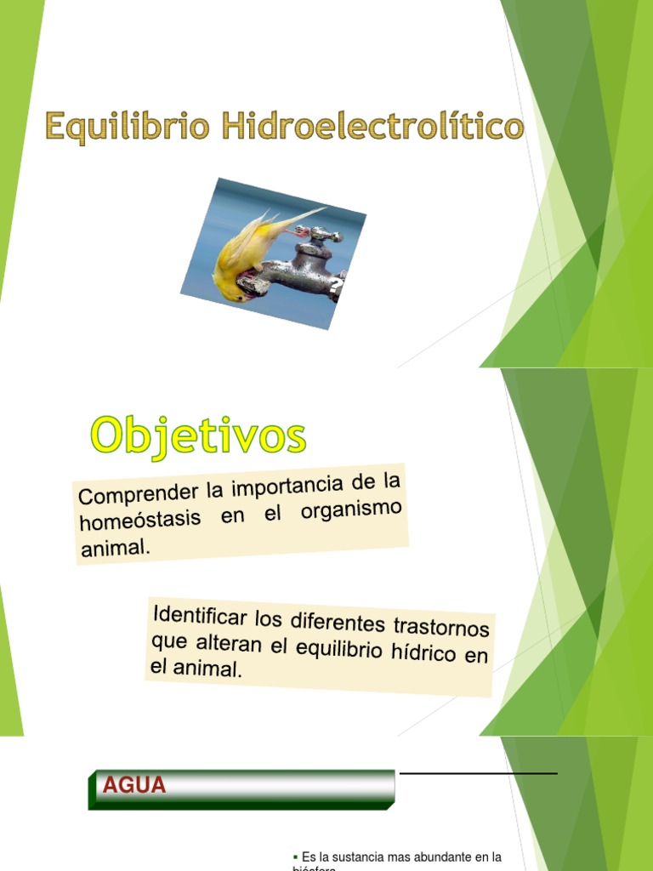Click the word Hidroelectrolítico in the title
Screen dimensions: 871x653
point(373,127)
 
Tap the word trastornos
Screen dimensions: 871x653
point(440,628)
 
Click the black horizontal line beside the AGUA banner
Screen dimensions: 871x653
point(478,773)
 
